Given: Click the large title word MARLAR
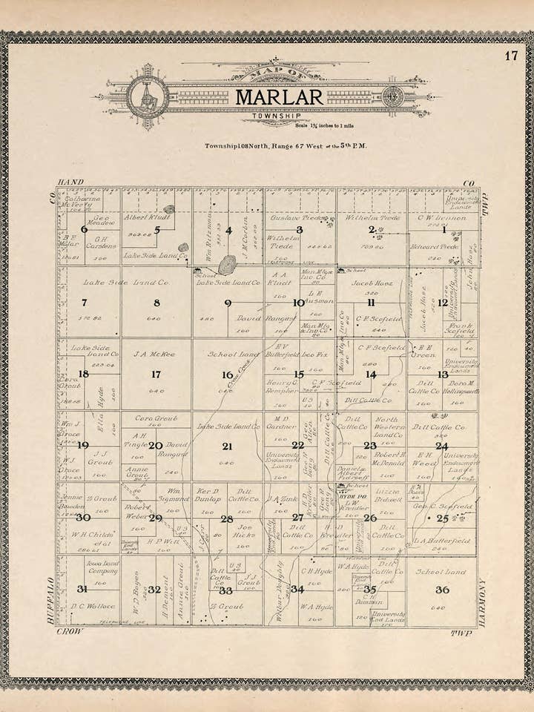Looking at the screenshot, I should [279, 97].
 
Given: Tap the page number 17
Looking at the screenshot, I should [511, 56].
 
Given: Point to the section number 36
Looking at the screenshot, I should [442, 590].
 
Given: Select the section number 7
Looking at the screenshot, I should [84, 303].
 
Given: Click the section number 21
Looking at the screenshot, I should [227, 446].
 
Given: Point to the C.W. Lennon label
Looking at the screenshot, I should [442, 218].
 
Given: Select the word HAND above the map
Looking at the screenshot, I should [71, 182].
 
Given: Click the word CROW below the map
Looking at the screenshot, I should [70, 632].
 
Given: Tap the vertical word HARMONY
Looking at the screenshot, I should [482, 602].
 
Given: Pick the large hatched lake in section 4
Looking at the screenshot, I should [227, 265].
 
